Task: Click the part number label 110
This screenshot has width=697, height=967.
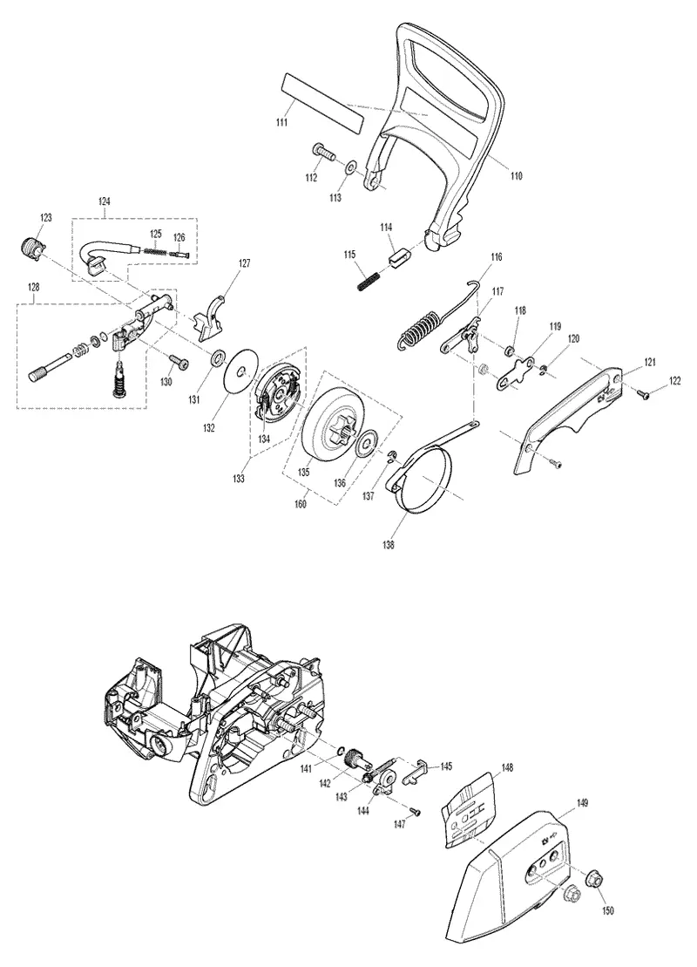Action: click(517, 176)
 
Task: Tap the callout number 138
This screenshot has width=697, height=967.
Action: click(389, 545)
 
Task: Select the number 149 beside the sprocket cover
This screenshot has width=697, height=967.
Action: click(582, 803)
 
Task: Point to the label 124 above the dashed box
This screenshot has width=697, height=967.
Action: click(105, 201)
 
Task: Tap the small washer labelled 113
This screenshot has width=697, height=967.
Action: click(351, 167)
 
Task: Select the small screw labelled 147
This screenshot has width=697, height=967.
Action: click(416, 812)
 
